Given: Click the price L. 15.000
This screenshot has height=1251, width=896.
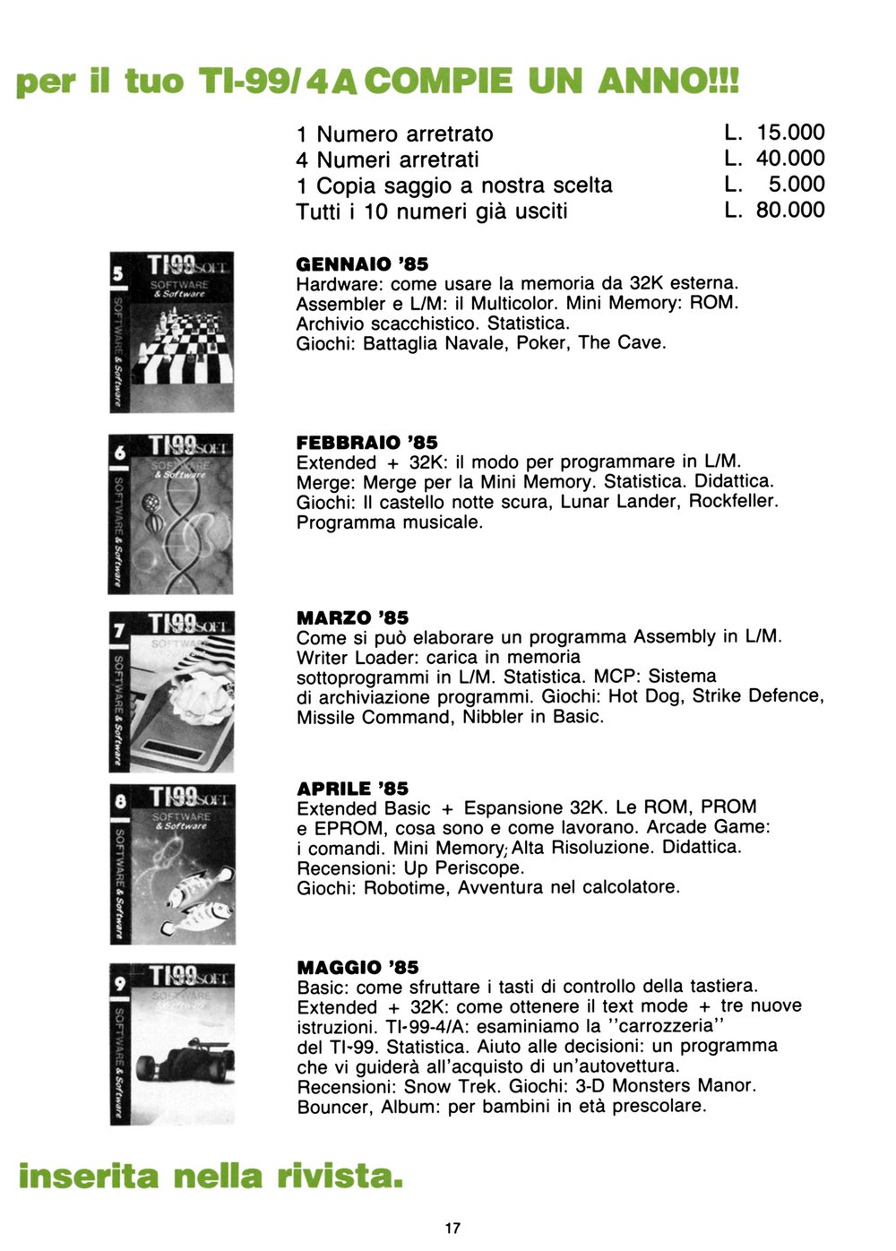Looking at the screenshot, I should [774, 133].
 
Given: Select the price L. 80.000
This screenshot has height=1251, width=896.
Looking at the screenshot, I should [774, 211].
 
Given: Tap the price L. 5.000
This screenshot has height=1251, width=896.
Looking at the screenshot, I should [774, 185].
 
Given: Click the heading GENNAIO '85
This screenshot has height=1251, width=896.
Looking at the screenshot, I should [362, 264].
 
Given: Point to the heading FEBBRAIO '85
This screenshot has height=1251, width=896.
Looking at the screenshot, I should [366, 443].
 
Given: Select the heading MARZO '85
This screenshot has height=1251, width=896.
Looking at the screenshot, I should [352, 618].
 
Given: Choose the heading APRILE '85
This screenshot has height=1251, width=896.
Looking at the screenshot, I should [352, 789].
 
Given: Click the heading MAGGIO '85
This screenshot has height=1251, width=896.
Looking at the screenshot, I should [358, 968].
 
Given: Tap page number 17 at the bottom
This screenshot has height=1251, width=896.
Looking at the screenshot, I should [452, 1228].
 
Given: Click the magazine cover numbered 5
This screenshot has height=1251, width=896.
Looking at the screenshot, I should [172, 332].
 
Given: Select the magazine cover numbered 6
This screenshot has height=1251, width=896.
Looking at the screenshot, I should [171, 513].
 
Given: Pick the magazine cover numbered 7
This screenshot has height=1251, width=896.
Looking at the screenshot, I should [172, 690].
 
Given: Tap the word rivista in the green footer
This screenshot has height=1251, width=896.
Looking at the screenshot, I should [336, 1176].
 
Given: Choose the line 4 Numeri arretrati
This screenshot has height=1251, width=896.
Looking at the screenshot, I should [387, 160].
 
